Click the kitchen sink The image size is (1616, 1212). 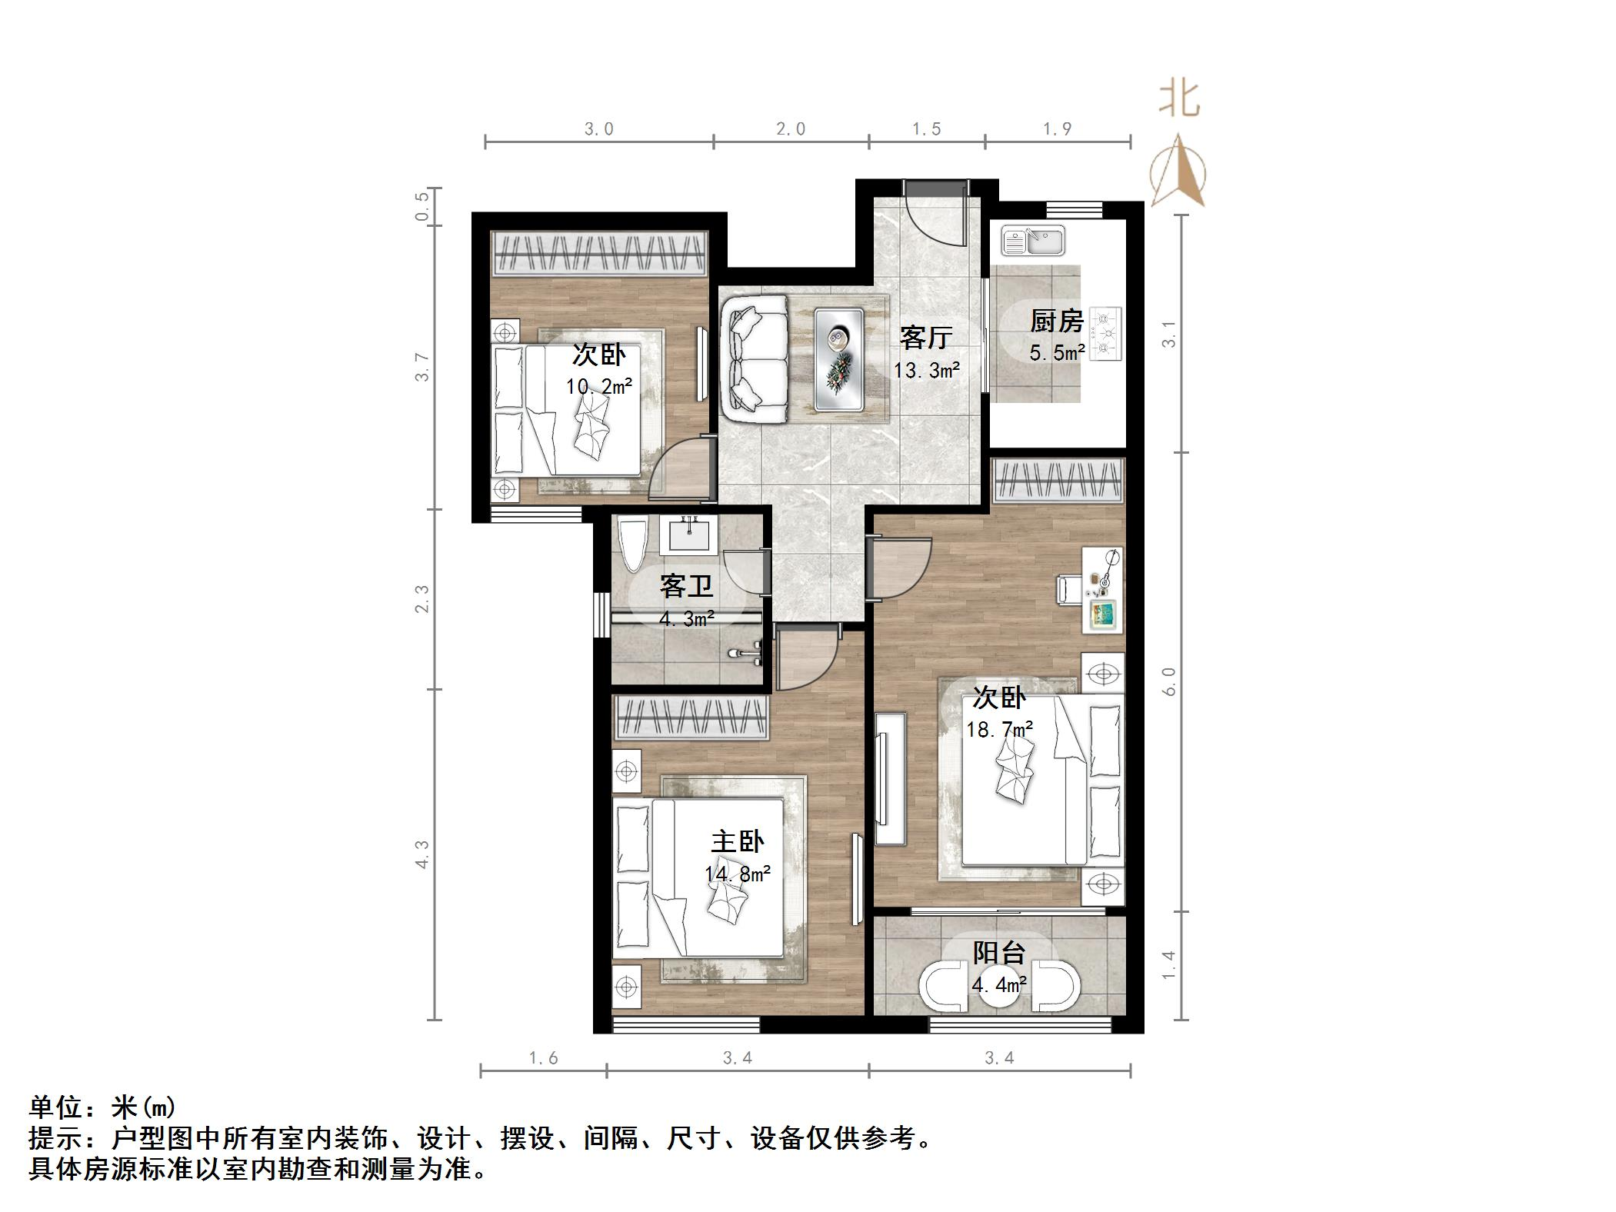pyautogui.click(x=1033, y=240)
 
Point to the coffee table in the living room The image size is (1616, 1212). pyautogui.click(x=838, y=360)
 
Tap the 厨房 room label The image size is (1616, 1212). pyautogui.click(x=1057, y=321)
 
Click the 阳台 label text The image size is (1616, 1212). pyautogui.click(x=998, y=953)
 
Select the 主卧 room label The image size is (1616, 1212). pyautogui.click(x=737, y=841)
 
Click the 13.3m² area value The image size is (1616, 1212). pyautogui.click(x=926, y=371)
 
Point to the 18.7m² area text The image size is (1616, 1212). pyautogui.click(x=998, y=729)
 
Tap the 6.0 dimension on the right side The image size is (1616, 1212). pyautogui.click(x=1168, y=681)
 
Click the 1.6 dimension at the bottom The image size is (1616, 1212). pyautogui.click(x=543, y=1059)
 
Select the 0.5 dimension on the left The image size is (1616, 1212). pyautogui.click(x=422, y=206)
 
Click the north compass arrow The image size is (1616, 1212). pyautogui.click(x=1178, y=171)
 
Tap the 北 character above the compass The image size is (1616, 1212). pyautogui.click(x=1179, y=99)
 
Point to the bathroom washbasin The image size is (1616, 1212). pyautogui.click(x=688, y=533)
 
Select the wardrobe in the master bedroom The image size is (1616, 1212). pyautogui.click(x=691, y=718)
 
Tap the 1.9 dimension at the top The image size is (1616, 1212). pyautogui.click(x=1057, y=129)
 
